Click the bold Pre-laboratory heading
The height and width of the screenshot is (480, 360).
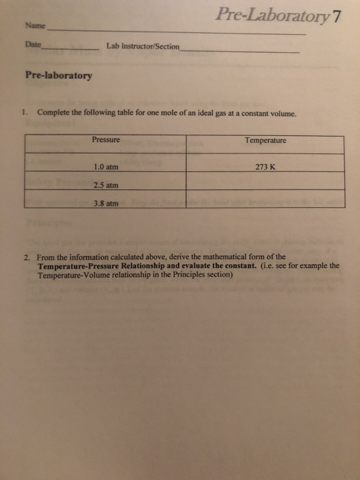pyautogui.click(x=58, y=76)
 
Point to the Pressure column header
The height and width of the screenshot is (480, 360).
pyautogui.click(x=106, y=140)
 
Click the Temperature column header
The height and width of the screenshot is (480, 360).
pyautogui.click(x=265, y=141)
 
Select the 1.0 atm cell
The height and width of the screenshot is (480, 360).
pyautogui.click(x=106, y=167)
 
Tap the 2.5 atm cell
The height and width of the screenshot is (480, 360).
pyautogui.click(x=106, y=184)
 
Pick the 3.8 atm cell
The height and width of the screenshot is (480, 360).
pyautogui.click(x=106, y=203)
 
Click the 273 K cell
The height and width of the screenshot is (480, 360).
pyautogui.click(x=265, y=167)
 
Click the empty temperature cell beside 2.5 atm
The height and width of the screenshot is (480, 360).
pyautogui.click(x=265, y=182)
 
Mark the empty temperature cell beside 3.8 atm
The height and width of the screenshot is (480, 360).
pyautogui.click(x=265, y=200)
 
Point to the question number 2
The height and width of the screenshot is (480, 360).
pyautogui.click(x=23, y=257)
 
